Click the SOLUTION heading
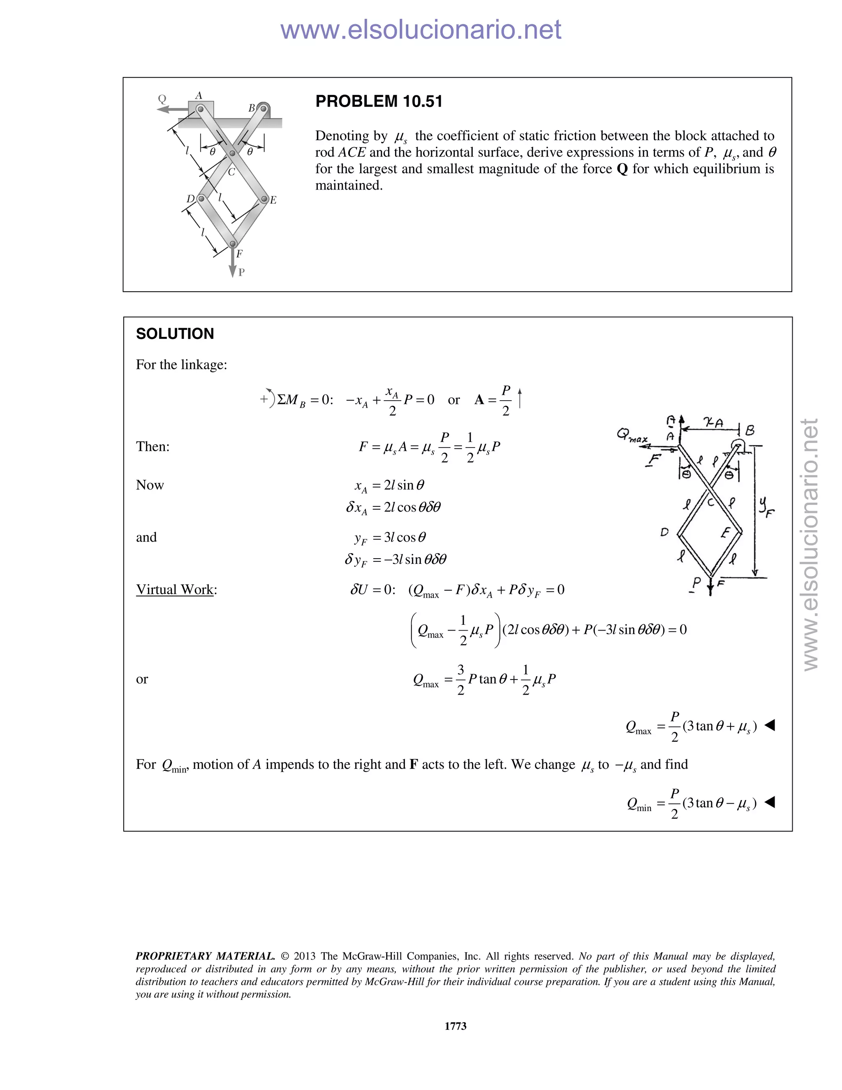point(175,334)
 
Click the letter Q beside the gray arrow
point(162,99)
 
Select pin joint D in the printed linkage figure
point(201,199)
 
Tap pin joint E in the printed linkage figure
point(264,199)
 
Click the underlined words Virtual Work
point(175,589)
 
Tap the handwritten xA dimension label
point(713,423)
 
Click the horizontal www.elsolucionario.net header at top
point(421,30)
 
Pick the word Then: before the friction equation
point(153,446)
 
